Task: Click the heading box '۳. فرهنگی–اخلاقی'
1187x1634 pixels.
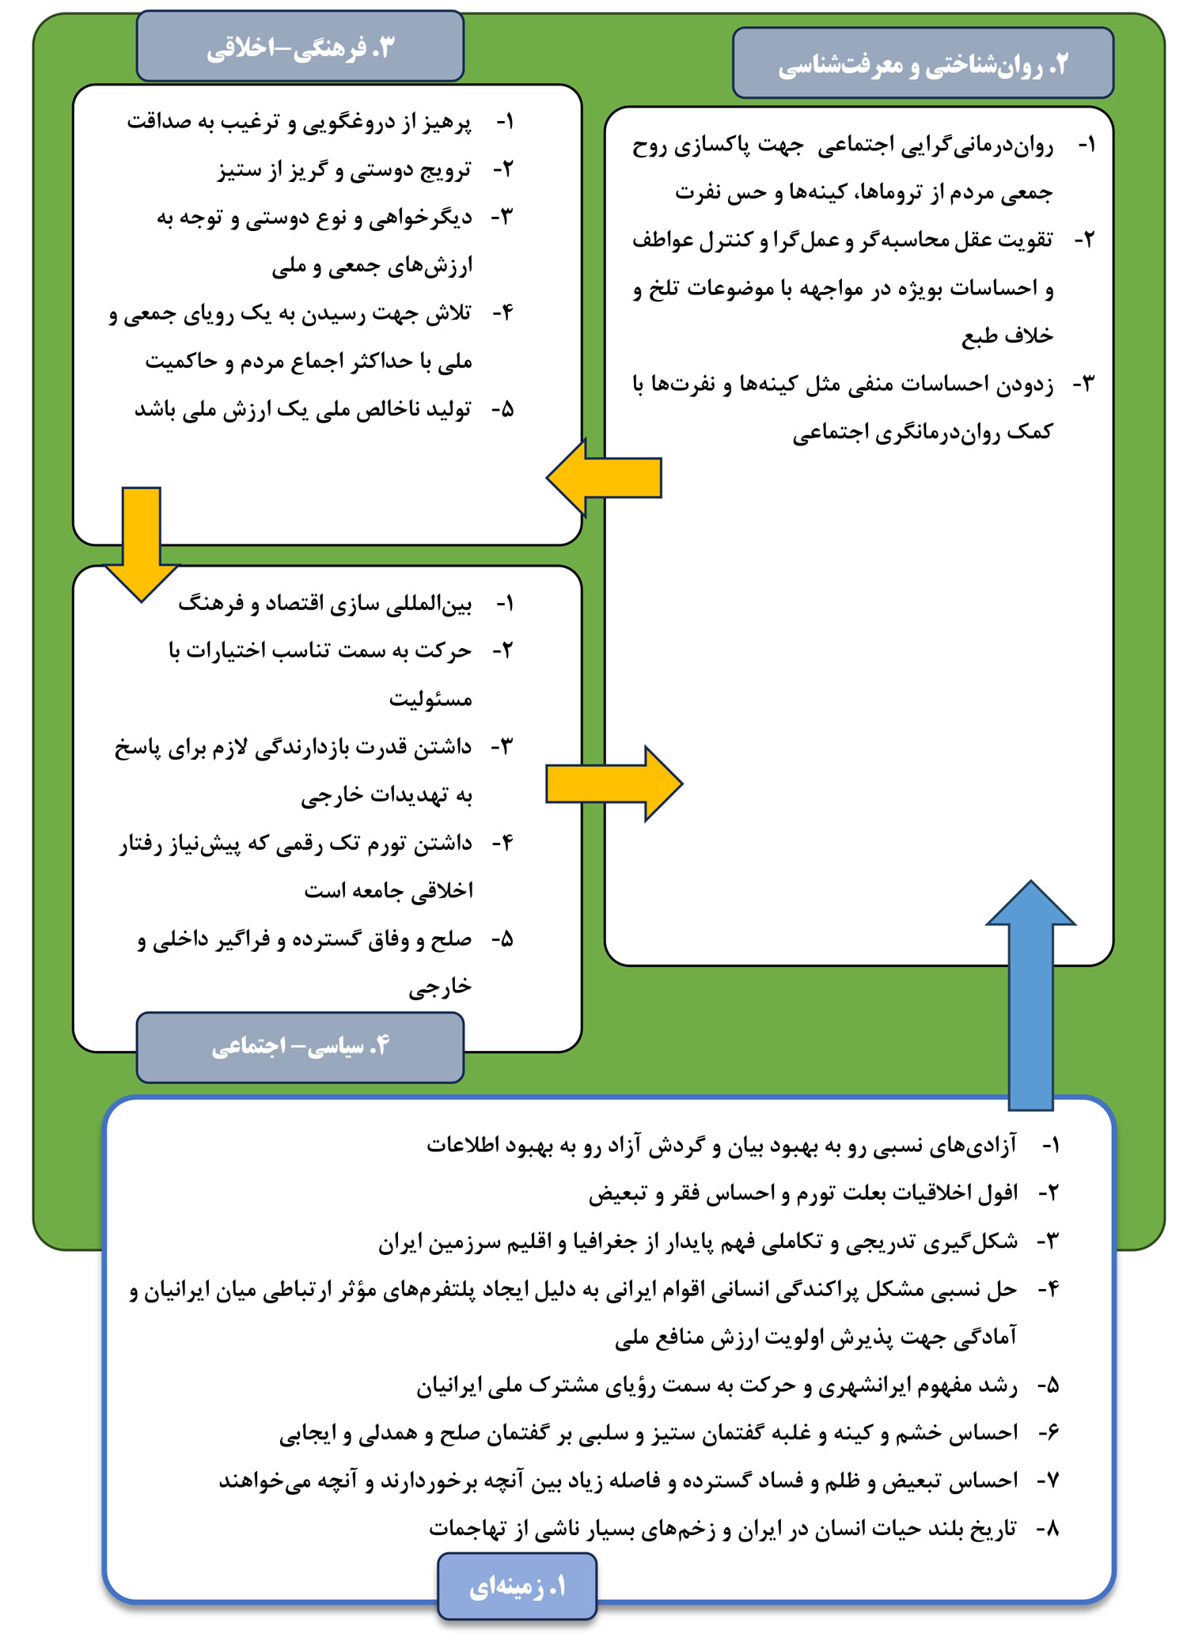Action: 300,47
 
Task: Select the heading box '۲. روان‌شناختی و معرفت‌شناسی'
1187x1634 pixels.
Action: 923,64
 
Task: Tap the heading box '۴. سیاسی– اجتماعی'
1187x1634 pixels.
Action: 300,1047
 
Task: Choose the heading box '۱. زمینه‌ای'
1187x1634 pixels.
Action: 517,1587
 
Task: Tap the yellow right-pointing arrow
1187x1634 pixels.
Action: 613,783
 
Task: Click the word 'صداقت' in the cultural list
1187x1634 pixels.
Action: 161,123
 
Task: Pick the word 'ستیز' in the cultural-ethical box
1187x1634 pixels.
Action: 238,170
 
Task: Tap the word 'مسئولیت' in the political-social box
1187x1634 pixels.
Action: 430,699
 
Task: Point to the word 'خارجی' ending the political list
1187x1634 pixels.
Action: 440,987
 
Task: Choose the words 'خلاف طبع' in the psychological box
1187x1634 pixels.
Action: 1007,336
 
